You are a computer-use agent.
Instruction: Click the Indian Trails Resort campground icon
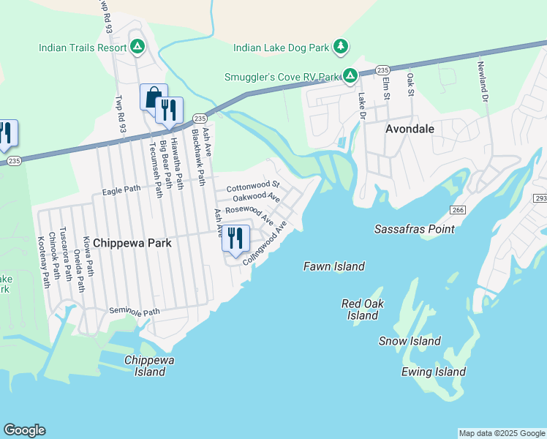(x=137, y=48)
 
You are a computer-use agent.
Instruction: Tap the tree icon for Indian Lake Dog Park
(x=340, y=48)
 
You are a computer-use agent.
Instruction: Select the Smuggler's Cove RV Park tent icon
(x=350, y=76)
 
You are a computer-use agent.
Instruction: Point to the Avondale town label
(x=410, y=129)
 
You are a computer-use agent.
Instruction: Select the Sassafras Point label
(x=414, y=229)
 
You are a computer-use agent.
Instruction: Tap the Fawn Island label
(x=334, y=267)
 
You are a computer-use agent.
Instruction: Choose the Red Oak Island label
(x=363, y=309)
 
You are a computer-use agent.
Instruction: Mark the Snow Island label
(x=410, y=341)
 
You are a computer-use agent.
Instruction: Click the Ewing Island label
(x=434, y=372)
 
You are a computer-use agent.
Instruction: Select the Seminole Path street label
(x=134, y=312)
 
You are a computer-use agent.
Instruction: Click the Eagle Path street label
(x=121, y=190)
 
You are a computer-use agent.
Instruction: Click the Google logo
(x=24, y=430)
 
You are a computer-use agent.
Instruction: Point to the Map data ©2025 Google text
(x=501, y=433)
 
